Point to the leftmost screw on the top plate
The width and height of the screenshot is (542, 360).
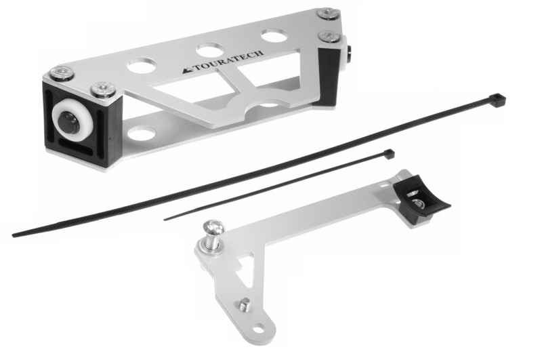[62, 73]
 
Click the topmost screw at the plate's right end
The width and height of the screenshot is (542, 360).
[329, 14]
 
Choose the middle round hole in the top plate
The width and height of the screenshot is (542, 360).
[210, 49]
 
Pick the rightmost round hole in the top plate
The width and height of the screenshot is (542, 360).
[274, 35]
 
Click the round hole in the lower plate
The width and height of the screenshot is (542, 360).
[142, 134]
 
